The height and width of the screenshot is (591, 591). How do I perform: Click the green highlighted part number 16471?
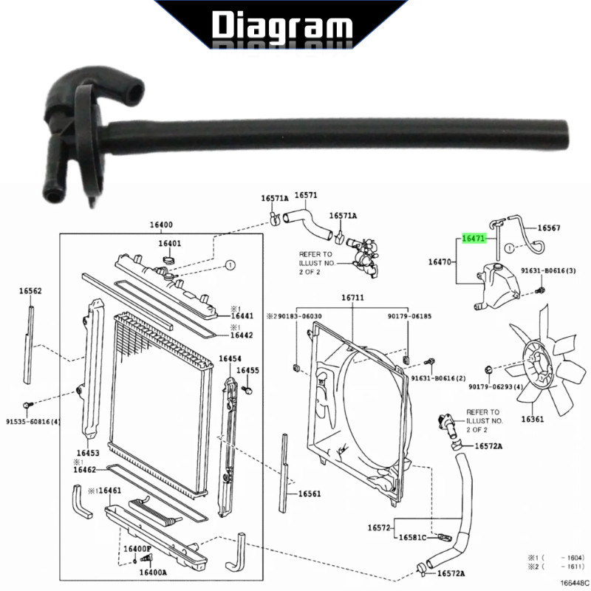tap(474, 238)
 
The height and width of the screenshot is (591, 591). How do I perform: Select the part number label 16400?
tap(161, 225)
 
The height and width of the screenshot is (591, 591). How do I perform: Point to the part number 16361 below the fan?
tap(533, 419)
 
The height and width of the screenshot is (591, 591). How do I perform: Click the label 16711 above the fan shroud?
tap(353, 298)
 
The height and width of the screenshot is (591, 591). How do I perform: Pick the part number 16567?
tap(549, 228)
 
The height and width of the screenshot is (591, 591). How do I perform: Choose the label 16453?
tap(88, 453)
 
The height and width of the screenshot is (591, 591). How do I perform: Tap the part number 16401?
tap(170, 243)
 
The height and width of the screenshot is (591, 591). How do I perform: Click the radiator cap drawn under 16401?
tap(169, 260)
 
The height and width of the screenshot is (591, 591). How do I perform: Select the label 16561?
tap(310, 493)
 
